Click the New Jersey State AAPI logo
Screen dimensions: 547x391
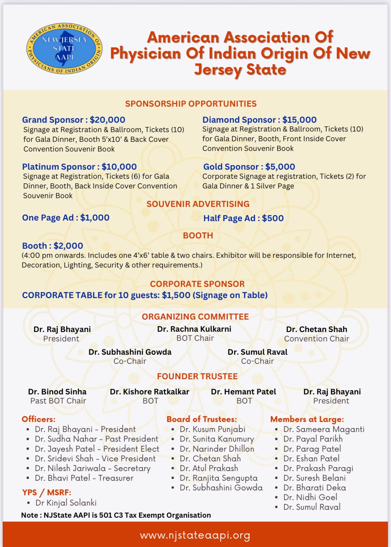(x=64, y=48)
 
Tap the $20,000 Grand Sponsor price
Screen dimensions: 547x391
(x=107, y=120)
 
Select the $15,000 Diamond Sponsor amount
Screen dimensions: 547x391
(x=299, y=120)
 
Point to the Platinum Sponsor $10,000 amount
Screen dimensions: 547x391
(x=119, y=167)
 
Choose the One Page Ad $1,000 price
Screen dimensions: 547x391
(x=95, y=218)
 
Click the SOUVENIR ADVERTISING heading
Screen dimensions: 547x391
(x=198, y=204)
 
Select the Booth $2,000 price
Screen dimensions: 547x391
(x=68, y=246)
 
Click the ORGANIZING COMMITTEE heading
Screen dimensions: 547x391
(x=195, y=317)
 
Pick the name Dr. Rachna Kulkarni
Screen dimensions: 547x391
(x=194, y=329)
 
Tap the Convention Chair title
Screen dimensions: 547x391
(x=316, y=339)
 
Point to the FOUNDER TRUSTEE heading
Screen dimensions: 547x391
(x=197, y=376)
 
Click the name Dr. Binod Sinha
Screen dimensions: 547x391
(x=57, y=392)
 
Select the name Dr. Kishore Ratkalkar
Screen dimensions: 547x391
(x=149, y=392)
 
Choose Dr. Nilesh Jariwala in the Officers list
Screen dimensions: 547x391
(x=70, y=468)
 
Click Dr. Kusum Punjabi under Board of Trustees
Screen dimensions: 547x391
(x=212, y=429)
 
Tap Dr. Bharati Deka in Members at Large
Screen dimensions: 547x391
(x=315, y=488)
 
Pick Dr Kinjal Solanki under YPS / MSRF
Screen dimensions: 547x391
(x=66, y=503)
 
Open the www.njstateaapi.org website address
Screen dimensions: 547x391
(x=195, y=535)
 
